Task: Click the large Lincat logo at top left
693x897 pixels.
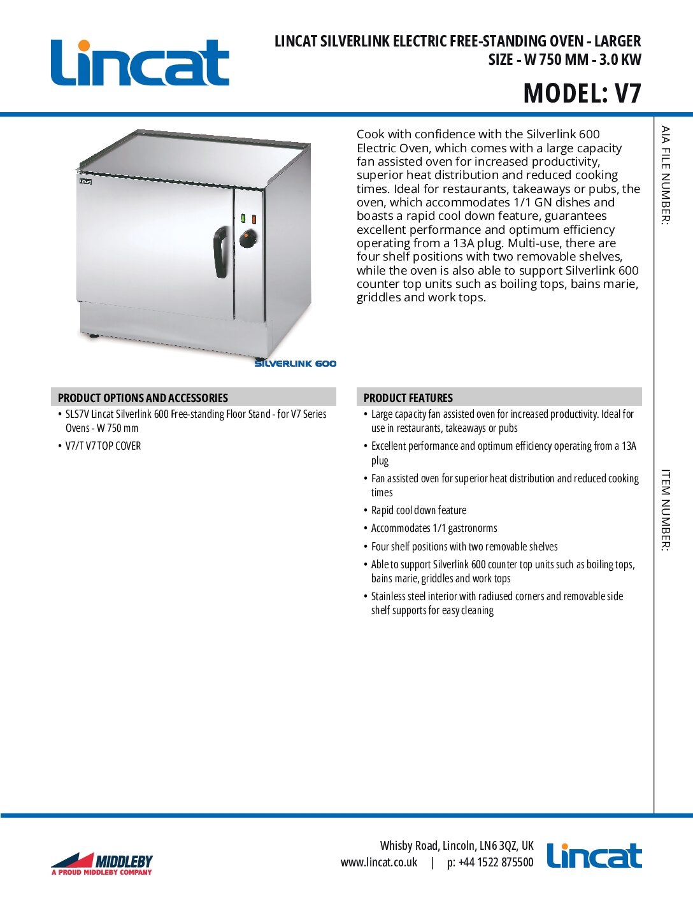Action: tap(139, 63)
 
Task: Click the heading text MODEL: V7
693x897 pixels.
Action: tap(582, 93)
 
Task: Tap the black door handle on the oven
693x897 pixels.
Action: tap(220, 252)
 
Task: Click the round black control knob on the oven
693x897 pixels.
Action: tap(248, 240)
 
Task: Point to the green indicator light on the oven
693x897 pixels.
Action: tap(243, 219)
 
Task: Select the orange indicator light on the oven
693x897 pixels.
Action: tap(254, 219)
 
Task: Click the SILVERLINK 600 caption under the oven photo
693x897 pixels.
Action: tap(295, 364)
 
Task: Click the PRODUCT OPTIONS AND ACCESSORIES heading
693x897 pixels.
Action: tap(143, 398)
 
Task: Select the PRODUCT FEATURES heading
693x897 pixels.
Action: tap(408, 398)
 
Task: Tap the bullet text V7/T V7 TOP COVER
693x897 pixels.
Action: tap(103, 446)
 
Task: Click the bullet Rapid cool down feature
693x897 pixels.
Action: tap(418, 510)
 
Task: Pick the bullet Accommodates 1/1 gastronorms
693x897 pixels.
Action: tap(434, 528)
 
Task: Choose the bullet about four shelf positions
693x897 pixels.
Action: tap(464, 547)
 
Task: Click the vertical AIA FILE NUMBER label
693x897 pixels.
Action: tap(665, 175)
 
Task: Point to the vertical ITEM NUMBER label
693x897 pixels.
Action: tap(665, 510)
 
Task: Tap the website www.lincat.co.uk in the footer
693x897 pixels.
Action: tap(379, 863)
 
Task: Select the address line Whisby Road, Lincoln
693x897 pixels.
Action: tap(457, 845)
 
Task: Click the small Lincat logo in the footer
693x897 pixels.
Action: tap(594, 856)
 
